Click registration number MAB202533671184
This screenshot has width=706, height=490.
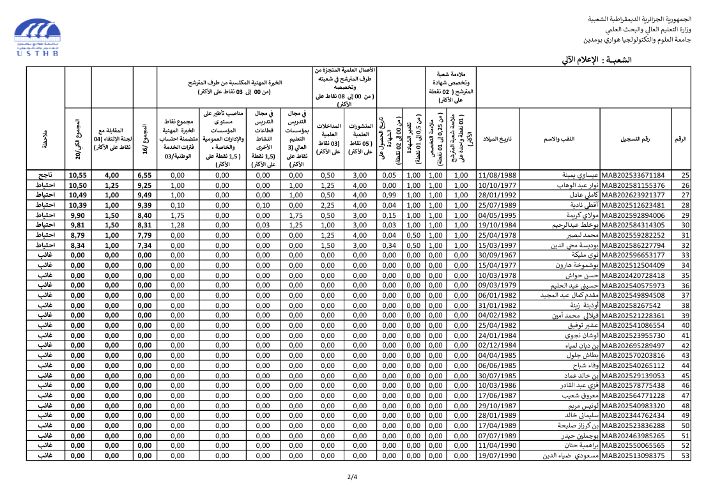pyautogui.click(x=633, y=175)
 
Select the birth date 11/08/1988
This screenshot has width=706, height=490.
pyautogui.click(x=497, y=175)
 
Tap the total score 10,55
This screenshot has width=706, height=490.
pyautogui.click(x=77, y=175)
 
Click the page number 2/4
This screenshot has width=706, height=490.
pyautogui.click(x=353, y=477)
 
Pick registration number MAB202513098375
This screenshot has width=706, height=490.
pyautogui.click(x=633, y=456)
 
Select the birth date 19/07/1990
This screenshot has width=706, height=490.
pyautogui.click(x=497, y=456)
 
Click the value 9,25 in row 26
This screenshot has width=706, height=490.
pyautogui.click(x=144, y=185)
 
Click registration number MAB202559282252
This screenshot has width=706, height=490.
pyautogui.click(x=633, y=235)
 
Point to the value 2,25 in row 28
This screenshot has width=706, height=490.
pyautogui.click(x=328, y=205)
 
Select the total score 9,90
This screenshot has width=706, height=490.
pyautogui.click(x=77, y=215)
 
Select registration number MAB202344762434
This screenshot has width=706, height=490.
pyautogui.click(x=633, y=415)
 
